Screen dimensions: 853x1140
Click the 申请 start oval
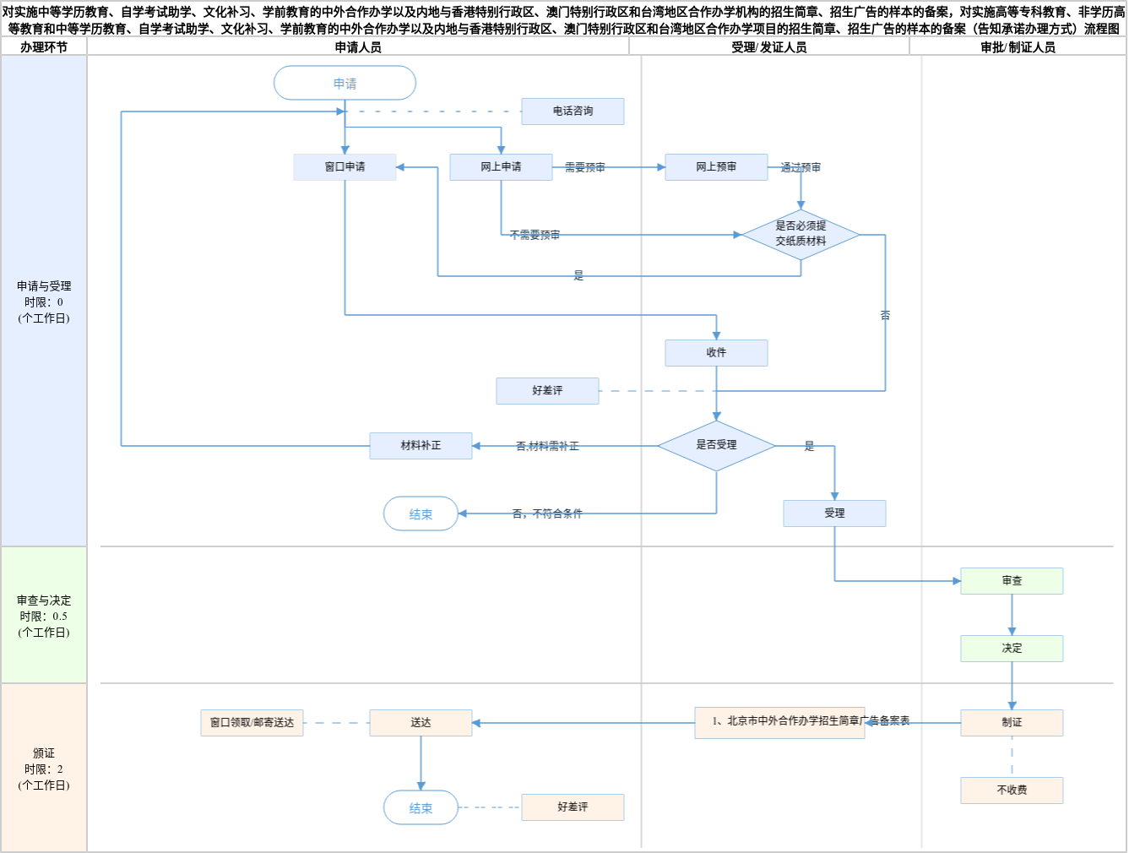[x=345, y=84]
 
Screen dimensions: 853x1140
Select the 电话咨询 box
[x=573, y=111]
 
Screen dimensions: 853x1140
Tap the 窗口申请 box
[x=345, y=167]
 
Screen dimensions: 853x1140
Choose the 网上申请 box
[x=501, y=167]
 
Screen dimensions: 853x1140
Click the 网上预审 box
[x=716, y=167]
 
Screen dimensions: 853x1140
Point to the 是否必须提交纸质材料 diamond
[x=801, y=234]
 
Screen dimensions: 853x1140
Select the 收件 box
[x=716, y=353]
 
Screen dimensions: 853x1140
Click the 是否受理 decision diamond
[x=716, y=445]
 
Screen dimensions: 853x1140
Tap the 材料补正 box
[x=421, y=446]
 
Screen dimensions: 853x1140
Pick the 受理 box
[x=834, y=513]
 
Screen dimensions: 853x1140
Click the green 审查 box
[x=1012, y=581]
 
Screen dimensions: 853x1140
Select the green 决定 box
[x=1012, y=649]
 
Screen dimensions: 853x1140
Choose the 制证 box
[x=1012, y=723]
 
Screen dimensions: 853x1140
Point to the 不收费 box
[x=1012, y=791]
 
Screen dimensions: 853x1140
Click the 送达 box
[x=421, y=723]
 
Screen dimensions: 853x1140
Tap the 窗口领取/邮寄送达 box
[x=252, y=723]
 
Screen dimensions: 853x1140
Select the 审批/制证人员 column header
[x=1018, y=47]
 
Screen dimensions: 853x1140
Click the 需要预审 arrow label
[x=584, y=168]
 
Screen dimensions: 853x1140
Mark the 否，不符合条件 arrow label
[x=547, y=513]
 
